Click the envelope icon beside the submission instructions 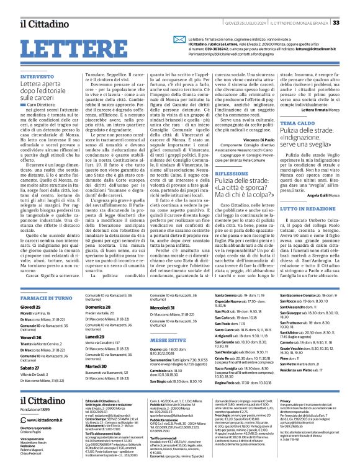coord(164,40)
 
